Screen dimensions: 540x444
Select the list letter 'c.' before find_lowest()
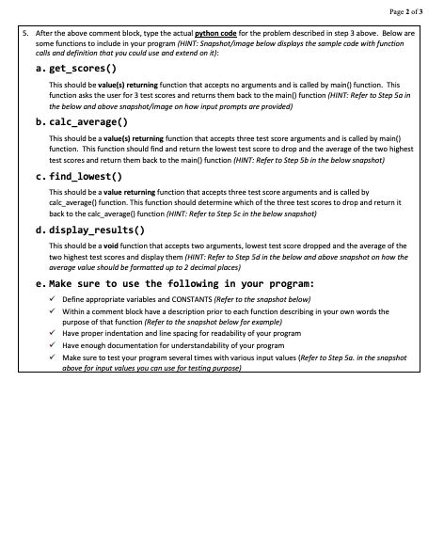click(40, 176)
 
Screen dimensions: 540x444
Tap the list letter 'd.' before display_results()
click(40, 230)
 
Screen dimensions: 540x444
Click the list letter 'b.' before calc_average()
click(40, 122)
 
